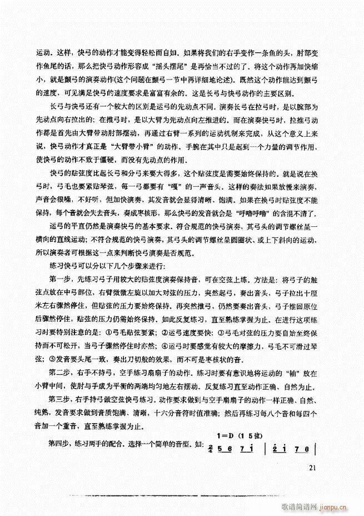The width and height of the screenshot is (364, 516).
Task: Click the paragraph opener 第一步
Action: pos(58,278)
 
